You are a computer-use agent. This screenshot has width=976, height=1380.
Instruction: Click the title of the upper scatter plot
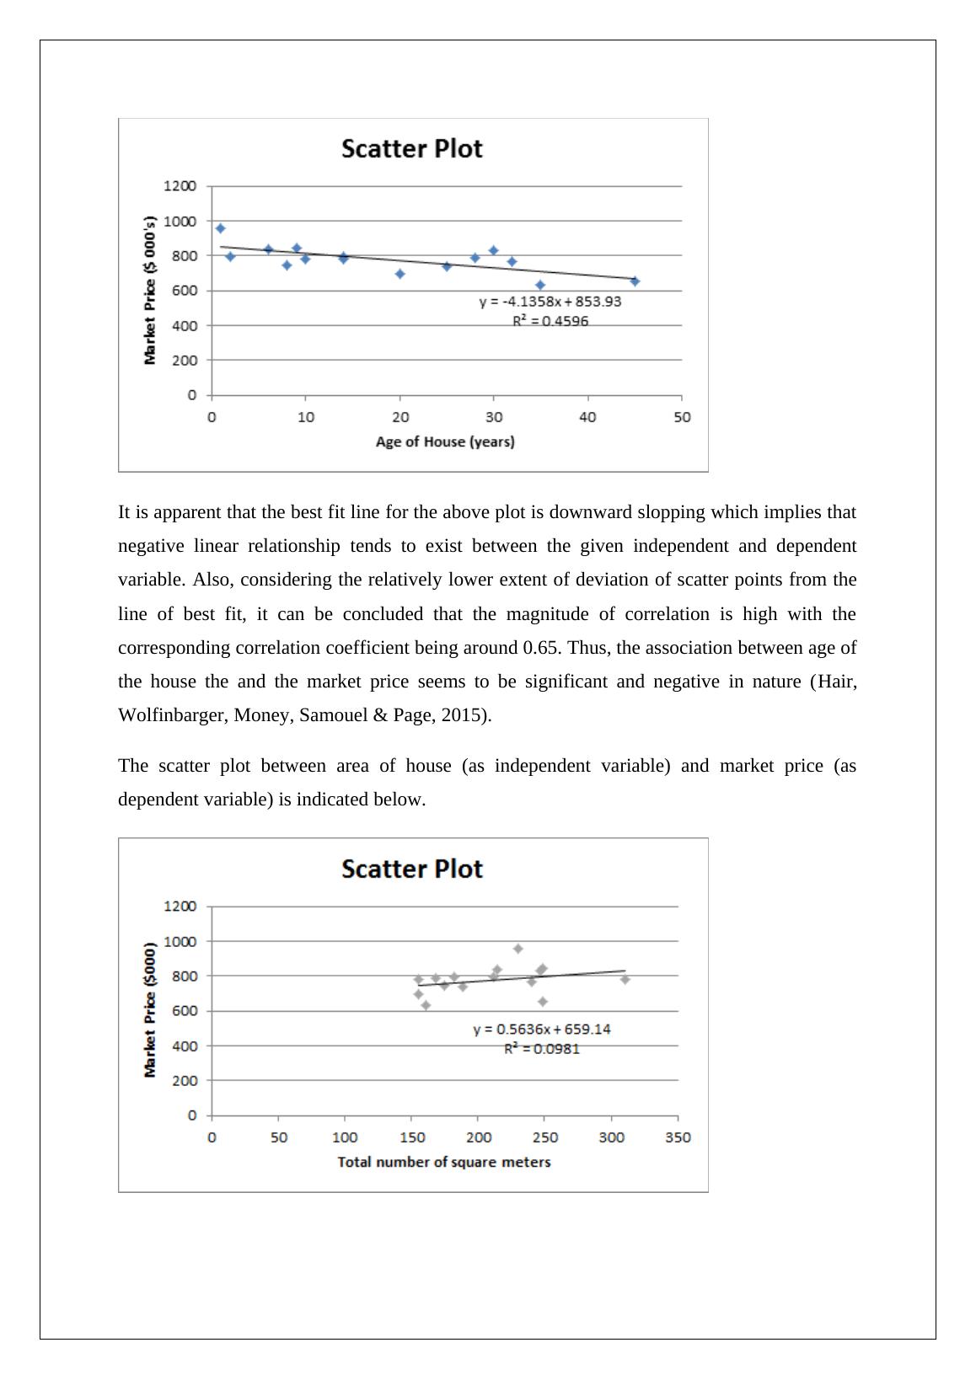(x=411, y=149)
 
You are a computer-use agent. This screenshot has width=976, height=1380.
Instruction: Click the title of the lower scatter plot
(x=411, y=869)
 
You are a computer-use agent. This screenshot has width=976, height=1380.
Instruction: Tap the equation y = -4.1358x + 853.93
(x=550, y=302)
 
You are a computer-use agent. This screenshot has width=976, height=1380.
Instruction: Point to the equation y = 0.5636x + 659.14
(x=541, y=1030)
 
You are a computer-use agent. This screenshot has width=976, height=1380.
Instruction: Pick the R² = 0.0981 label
(x=541, y=1049)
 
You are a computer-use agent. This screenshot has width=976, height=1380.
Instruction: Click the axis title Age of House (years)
(x=445, y=441)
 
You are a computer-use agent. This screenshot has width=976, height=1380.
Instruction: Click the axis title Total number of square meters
(x=444, y=1162)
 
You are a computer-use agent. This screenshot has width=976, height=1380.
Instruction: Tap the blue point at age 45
(x=635, y=281)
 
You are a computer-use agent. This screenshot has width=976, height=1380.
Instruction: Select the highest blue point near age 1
(x=221, y=228)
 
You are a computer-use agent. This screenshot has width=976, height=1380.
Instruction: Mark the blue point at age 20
(x=400, y=274)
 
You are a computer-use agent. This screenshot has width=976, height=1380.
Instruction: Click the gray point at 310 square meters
(x=625, y=979)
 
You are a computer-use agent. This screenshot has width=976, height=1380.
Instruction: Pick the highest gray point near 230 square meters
(x=518, y=949)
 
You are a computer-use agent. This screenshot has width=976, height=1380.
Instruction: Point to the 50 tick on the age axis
(x=681, y=417)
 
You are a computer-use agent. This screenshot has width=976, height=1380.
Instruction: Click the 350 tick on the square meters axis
(x=678, y=1137)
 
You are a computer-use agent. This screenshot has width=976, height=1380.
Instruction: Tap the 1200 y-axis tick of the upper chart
(x=180, y=185)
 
